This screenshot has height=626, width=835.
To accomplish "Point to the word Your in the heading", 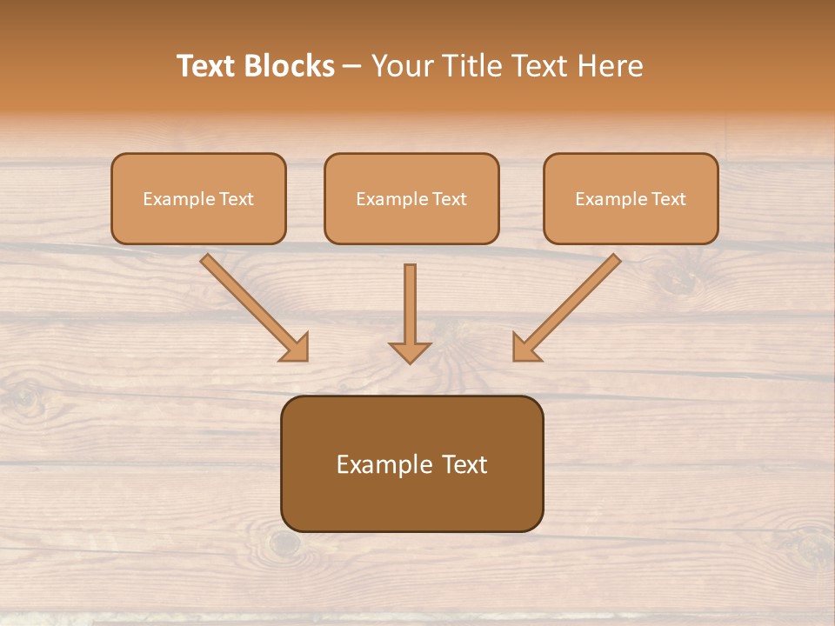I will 400,66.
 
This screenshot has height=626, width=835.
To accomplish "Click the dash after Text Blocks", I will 352,67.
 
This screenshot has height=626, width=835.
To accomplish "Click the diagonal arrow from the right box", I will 569,305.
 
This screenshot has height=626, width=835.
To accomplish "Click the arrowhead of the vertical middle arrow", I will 410,352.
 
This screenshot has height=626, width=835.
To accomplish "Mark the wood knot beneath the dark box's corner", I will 284,544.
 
